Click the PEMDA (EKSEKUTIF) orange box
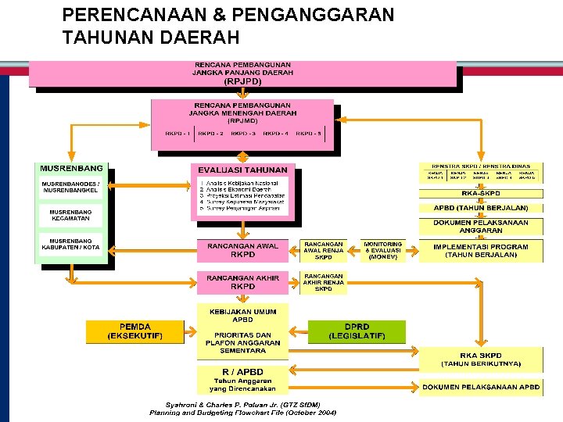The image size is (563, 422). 135,331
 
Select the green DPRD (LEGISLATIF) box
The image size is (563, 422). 357,331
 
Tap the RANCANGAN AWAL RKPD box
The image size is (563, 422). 242,250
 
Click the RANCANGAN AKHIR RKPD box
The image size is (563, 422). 242,281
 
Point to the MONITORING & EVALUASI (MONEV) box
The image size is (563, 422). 383,250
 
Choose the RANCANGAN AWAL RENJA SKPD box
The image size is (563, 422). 324,250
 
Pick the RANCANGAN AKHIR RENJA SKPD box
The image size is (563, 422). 324,282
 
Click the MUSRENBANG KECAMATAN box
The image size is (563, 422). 71,215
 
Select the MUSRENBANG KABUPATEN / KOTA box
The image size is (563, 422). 71,244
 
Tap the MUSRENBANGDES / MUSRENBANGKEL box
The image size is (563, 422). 71,188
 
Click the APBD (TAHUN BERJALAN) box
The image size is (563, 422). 481,208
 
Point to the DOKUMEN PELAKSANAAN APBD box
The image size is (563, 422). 481,387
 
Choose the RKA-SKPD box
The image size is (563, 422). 481,193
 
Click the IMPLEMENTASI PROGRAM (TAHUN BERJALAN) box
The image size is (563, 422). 481,250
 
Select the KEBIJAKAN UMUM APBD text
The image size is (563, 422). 242,315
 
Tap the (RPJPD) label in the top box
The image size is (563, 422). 242,80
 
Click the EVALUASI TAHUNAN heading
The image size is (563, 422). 242,170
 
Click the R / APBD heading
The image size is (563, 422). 242,371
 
